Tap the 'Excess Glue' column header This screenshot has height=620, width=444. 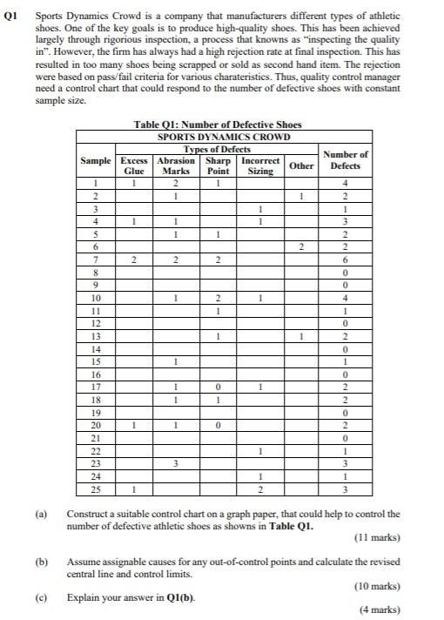click(133, 166)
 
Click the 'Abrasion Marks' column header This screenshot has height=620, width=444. click(176, 166)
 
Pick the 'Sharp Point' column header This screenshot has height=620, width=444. click(218, 166)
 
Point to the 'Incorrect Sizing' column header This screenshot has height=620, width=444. click(260, 166)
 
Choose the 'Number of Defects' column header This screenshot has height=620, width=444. click(346, 160)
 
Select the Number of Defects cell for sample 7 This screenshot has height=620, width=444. click(346, 260)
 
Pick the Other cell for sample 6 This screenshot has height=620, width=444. click(301, 248)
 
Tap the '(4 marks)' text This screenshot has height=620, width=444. click(380, 610)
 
